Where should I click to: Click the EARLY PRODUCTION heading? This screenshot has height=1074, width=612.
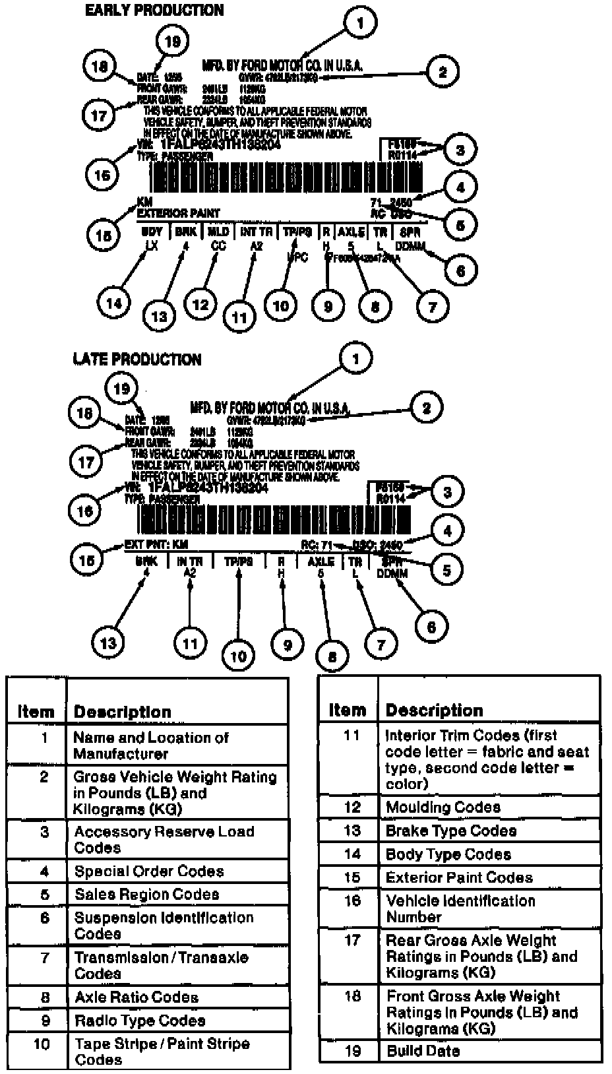coord(154,11)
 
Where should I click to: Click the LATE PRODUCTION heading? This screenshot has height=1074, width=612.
coord(137,360)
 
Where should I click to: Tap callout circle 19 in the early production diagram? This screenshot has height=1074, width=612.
coord(171,42)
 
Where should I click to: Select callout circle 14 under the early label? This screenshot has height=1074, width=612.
coord(114,303)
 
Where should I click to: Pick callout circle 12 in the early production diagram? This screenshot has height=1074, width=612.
coord(200,304)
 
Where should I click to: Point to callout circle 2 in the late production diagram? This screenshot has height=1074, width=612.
coord(427,408)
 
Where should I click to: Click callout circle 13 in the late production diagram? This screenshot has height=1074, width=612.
coord(108,643)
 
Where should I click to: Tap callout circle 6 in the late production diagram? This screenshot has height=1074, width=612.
coord(431,627)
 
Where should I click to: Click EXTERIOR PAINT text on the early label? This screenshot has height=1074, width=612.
coord(178,213)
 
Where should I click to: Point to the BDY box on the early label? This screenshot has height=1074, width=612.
coord(152,232)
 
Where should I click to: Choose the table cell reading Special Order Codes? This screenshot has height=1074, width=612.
coord(149,871)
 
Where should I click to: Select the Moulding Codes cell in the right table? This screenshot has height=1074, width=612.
coord(443,807)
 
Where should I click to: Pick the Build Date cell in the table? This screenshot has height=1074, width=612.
coord(423,1051)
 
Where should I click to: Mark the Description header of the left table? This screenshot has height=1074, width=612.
coord(123,712)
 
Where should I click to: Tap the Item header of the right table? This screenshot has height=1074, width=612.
coord(347,710)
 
